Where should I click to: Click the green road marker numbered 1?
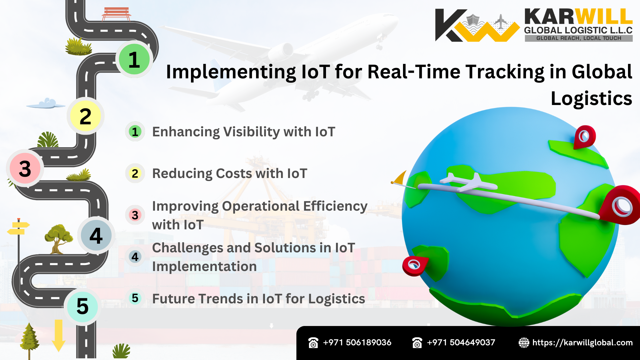134,59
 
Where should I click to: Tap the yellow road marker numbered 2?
86,116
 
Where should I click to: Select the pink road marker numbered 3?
25,168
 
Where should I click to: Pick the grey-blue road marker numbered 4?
96,236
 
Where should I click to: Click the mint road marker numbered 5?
82,306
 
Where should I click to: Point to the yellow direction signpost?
19,228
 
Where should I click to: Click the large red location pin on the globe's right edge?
621,205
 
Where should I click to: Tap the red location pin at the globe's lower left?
414,265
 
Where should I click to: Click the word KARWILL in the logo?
578,17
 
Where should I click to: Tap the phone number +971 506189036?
357,342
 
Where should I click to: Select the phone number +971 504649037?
461,342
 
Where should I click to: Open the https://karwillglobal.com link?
582,342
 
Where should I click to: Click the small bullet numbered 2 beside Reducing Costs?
135,173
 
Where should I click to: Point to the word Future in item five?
174,299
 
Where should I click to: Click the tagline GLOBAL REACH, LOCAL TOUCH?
579,38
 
